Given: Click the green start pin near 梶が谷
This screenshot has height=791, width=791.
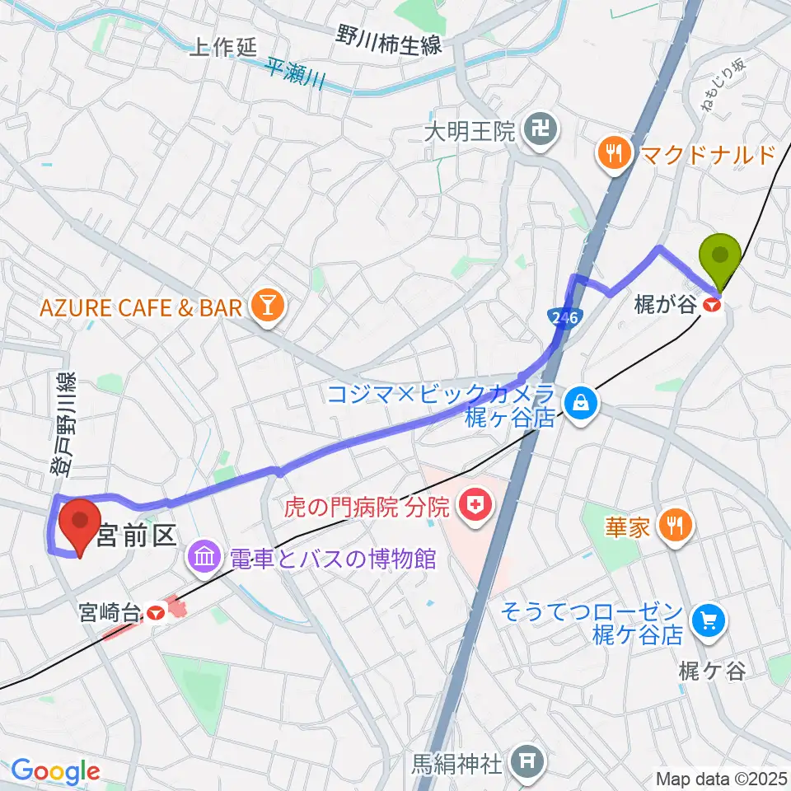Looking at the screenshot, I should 721,255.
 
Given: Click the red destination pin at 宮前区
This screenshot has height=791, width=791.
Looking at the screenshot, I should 82,523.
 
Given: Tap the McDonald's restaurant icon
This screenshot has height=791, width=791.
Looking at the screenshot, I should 614,152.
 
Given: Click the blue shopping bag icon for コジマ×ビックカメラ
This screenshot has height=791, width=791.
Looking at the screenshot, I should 582,404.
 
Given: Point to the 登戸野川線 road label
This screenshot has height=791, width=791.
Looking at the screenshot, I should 63,424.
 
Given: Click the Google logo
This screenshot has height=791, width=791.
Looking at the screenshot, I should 55,772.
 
